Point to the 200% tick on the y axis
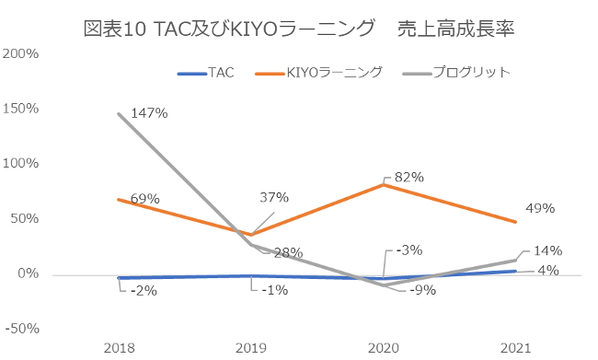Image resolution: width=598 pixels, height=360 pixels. (20, 53)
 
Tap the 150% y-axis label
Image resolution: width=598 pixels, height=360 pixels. (20, 109)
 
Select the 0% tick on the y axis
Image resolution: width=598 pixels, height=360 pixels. (28, 274)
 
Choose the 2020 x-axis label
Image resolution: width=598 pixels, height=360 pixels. (383, 347)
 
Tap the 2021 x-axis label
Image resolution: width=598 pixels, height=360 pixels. (515, 347)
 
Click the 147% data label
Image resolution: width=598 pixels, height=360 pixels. (148, 113)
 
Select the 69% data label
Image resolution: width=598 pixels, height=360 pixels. (144, 198)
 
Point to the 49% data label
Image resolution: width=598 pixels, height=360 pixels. (540, 208)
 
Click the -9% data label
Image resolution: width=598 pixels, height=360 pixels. (422, 290)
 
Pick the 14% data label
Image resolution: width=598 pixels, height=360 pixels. (546, 250)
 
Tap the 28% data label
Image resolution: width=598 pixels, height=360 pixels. (287, 253)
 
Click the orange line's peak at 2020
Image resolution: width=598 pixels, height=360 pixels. (383, 185)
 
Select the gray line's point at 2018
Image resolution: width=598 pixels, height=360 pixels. (118, 113)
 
